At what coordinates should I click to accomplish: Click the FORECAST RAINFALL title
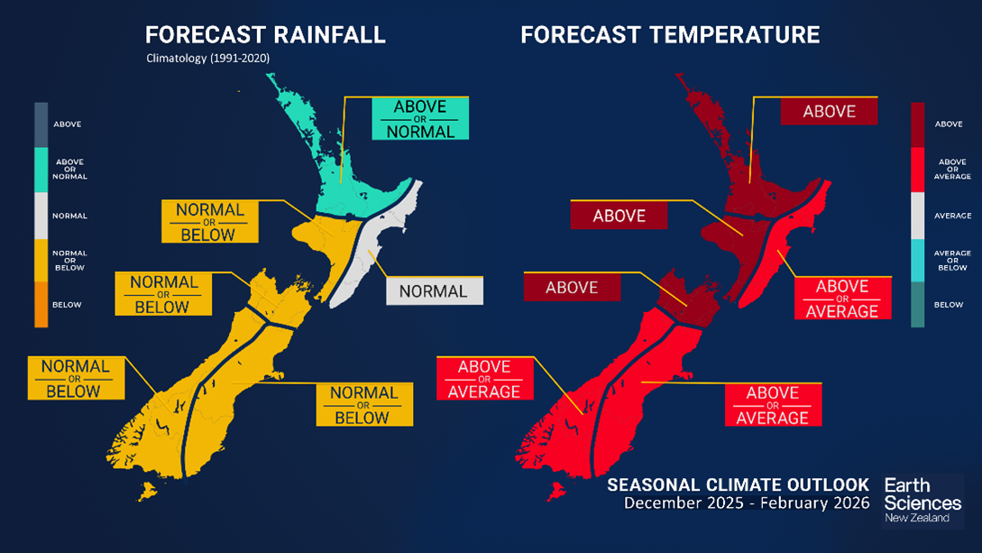click(x=265, y=35)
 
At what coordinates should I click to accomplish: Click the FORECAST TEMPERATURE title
click(x=670, y=35)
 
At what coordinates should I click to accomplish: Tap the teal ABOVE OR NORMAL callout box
click(x=420, y=119)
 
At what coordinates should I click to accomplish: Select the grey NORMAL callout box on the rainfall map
click(x=434, y=291)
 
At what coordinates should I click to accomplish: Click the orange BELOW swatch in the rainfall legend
click(x=40, y=305)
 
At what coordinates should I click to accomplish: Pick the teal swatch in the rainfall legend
click(x=40, y=169)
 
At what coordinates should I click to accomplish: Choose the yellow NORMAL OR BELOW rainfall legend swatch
click(x=40, y=261)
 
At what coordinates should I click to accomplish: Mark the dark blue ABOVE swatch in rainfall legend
click(x=40, y=124)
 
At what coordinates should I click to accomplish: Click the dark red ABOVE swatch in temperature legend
click(x=917, y=124)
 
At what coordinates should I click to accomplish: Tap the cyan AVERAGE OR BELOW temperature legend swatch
click(x=917, y=261)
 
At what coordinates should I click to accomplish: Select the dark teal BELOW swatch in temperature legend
click(x=917, y=305)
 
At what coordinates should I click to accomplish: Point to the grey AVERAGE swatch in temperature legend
click(x=917, y=216)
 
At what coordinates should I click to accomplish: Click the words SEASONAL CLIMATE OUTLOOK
click(x=738, y=484)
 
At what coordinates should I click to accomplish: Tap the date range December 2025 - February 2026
click(x=748, y=502)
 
